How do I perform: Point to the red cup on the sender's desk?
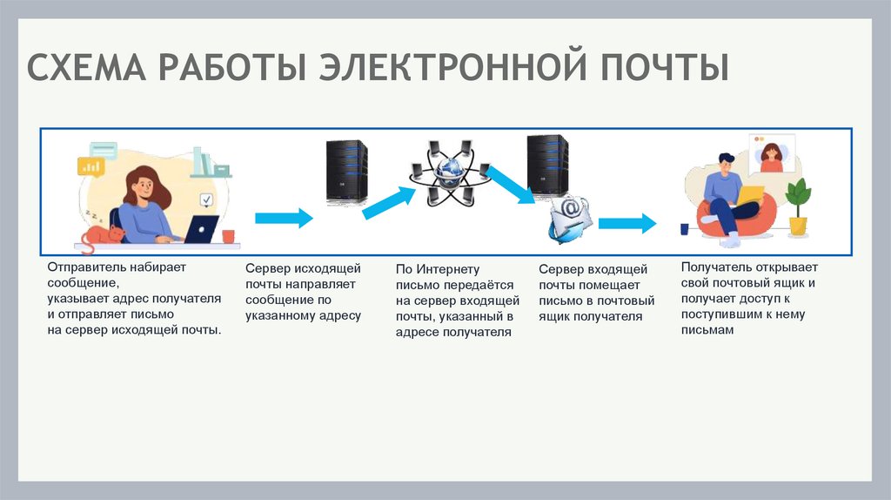(228, 235)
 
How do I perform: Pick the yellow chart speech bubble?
(90, 165)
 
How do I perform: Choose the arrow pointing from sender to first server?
(283, 218)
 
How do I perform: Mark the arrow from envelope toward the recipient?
(626, 223)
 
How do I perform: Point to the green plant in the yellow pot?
(797, 207)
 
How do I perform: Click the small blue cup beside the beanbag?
(684, 229)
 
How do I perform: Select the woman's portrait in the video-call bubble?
(771, 155)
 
